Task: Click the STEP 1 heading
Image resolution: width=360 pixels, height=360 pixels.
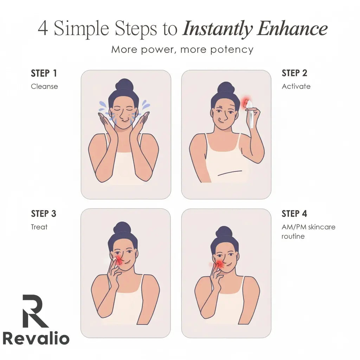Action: (44, 73)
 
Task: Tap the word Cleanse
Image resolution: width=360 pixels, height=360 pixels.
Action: (44, 86)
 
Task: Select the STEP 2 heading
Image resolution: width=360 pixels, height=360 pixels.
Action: (295, 73)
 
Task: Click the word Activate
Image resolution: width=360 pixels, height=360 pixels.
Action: (296, 86)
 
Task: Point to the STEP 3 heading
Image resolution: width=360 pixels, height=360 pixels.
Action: (44, 214)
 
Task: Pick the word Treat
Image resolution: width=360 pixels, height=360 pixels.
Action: (39, 227)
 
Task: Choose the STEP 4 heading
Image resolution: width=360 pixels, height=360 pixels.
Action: (295, 214)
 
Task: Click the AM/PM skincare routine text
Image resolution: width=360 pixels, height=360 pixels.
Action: (308, 231)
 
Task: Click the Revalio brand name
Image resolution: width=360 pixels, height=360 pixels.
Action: (36, 338)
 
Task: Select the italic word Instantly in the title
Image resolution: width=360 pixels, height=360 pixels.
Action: (217, 29)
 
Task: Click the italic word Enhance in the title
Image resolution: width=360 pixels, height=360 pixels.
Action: (292, 29)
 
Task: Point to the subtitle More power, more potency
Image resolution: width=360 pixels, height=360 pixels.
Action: (182, 50)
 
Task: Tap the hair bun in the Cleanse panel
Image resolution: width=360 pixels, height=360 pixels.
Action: (124, 85)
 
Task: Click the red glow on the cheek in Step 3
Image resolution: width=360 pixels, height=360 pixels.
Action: (118, 260)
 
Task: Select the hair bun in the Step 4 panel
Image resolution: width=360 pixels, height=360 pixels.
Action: (224, 232)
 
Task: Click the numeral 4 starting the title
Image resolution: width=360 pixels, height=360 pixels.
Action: (43, 29)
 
